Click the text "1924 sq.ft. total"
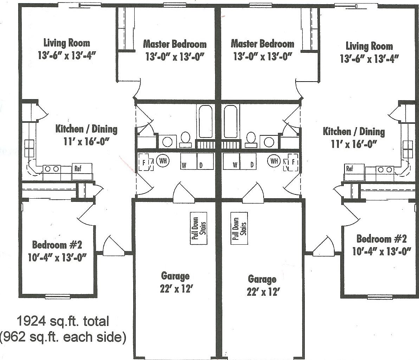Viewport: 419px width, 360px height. [63, 321]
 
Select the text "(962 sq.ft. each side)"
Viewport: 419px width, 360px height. [63, 337]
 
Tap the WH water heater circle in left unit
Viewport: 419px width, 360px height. [163, 161]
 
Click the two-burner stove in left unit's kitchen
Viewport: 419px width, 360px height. [52, 169]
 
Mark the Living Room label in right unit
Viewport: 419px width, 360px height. [369, 46]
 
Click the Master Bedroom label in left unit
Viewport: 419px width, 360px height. [175, 44]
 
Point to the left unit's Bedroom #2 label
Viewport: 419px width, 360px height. [57, 244]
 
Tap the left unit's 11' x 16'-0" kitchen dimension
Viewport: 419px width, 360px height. [86, 141]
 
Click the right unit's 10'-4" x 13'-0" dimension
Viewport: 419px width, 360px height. [381, 252]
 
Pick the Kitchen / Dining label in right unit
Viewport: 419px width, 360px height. [354, 132]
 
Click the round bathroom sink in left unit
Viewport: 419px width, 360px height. [168, 142]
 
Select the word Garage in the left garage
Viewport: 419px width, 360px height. [175, 276]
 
